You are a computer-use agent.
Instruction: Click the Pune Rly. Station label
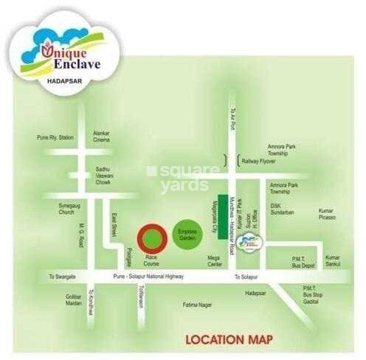[x=56, y=138]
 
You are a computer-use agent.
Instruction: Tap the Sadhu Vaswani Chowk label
[x=108, y=174]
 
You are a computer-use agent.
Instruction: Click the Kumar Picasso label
[x=326, y=213]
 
